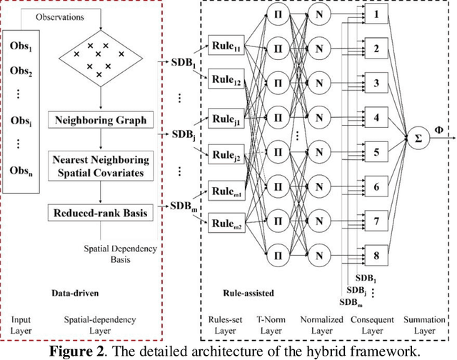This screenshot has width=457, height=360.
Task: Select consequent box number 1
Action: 376,14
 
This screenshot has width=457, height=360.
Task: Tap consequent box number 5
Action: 376,151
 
